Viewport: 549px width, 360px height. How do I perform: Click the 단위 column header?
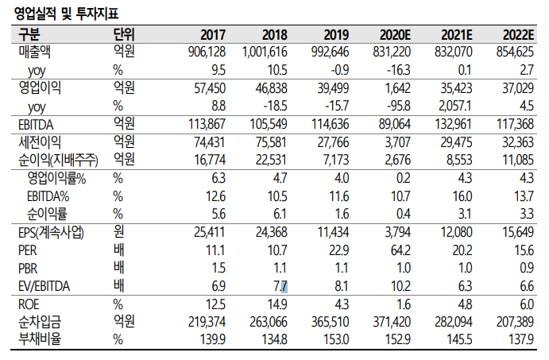[x=124, y=35]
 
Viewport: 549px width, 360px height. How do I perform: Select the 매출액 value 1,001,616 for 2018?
[x=261, y=52]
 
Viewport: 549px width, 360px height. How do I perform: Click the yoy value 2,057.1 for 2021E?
[x=455, y=106]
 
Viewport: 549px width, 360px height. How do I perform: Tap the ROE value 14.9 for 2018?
[x=277, y=304]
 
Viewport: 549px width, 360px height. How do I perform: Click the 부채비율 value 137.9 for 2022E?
[x=521, y=338]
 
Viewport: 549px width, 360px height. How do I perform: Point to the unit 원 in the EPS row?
[x=119, y=232]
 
